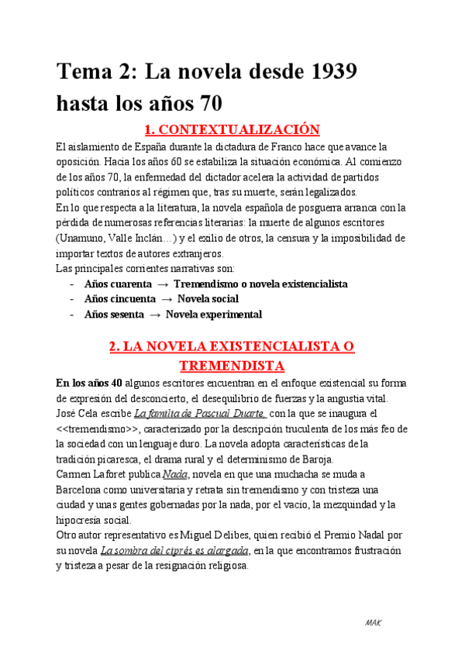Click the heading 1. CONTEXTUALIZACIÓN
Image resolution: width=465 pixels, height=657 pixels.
(232, 129)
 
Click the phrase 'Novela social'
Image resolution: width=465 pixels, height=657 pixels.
(208, 299)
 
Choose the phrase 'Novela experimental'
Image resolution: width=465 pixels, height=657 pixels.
(214, 315)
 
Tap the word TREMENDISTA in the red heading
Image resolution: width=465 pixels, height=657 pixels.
(232, 365)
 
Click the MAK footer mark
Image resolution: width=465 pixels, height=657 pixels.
(373, 622)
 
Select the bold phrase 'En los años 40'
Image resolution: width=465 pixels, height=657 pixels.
(89, 383)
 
